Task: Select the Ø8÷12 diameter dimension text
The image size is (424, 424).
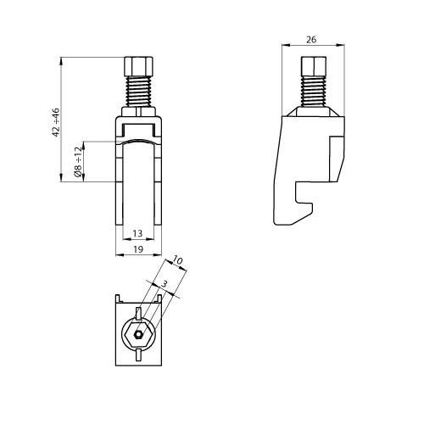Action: click(x=78, y=160)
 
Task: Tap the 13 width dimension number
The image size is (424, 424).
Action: click(x=137, y=234)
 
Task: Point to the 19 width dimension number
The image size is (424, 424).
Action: click(x=137, y=249)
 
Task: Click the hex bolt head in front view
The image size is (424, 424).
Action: click(x=137, y=66)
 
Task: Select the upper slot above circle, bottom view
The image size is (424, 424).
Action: click(x=138, y=315)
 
